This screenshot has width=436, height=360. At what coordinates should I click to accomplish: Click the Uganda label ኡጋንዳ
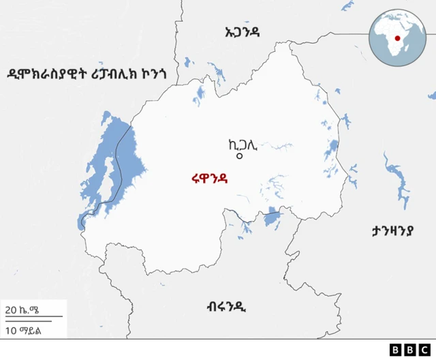(242, 31)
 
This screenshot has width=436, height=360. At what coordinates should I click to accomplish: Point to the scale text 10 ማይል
(22, 331)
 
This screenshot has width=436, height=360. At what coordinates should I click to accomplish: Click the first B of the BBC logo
(396, 350)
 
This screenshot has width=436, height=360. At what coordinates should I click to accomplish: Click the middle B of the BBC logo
(410, 350)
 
